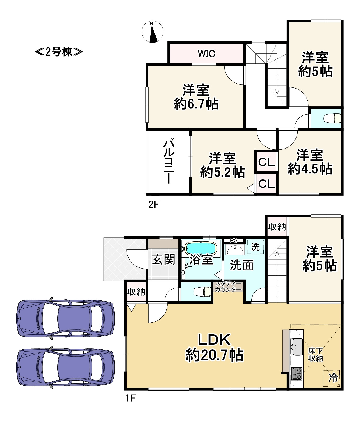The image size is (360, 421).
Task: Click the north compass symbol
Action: point(152,31)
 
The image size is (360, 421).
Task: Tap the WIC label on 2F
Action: point(207,54)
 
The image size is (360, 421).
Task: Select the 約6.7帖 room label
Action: point(196,97)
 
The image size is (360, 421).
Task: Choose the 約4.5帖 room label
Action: point(310,162)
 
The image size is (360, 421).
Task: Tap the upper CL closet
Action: point(266,162)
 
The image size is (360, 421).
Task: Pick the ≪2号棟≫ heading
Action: point(59,52)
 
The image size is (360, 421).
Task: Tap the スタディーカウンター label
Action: point(228,286)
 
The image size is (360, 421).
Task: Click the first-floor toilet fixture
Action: point(203,292)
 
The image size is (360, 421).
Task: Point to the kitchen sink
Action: point(297,347)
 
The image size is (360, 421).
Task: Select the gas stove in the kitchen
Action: point(297,374)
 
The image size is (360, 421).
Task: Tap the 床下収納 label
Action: point(316,355)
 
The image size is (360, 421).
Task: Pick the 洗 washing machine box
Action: point(255,247)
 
